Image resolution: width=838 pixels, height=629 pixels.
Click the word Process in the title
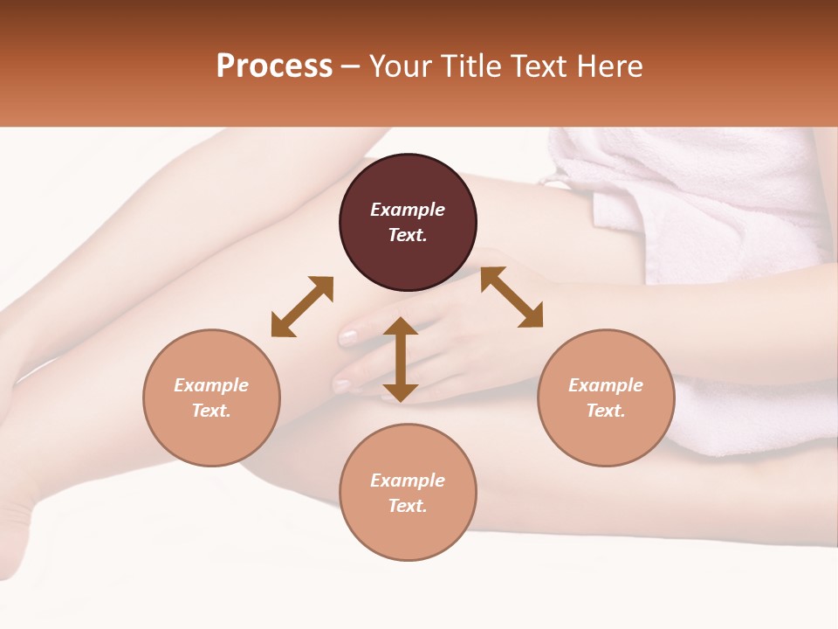tap(274, 66)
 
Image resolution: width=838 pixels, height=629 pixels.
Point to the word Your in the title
tap(400, 66)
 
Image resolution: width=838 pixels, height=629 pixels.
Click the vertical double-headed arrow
tap(401, 359)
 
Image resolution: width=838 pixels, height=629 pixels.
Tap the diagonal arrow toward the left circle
tap(302, 307)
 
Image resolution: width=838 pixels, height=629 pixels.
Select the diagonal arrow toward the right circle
tap(512, 297)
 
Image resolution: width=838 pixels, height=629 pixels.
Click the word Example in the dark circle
tap(408, 210)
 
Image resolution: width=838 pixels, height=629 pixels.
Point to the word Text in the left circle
tap(211, 411)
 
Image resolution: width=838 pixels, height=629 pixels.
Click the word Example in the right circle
tap(606, 385)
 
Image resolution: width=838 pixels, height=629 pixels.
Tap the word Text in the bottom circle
tap(408, 506)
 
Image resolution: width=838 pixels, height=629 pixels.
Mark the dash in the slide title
tap(351, 66)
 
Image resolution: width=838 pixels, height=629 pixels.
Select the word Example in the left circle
tap(211, 385)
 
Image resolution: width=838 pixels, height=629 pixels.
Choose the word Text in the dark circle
tap(408, 235)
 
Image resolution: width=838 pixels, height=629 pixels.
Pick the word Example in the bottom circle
tap(408, 480)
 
